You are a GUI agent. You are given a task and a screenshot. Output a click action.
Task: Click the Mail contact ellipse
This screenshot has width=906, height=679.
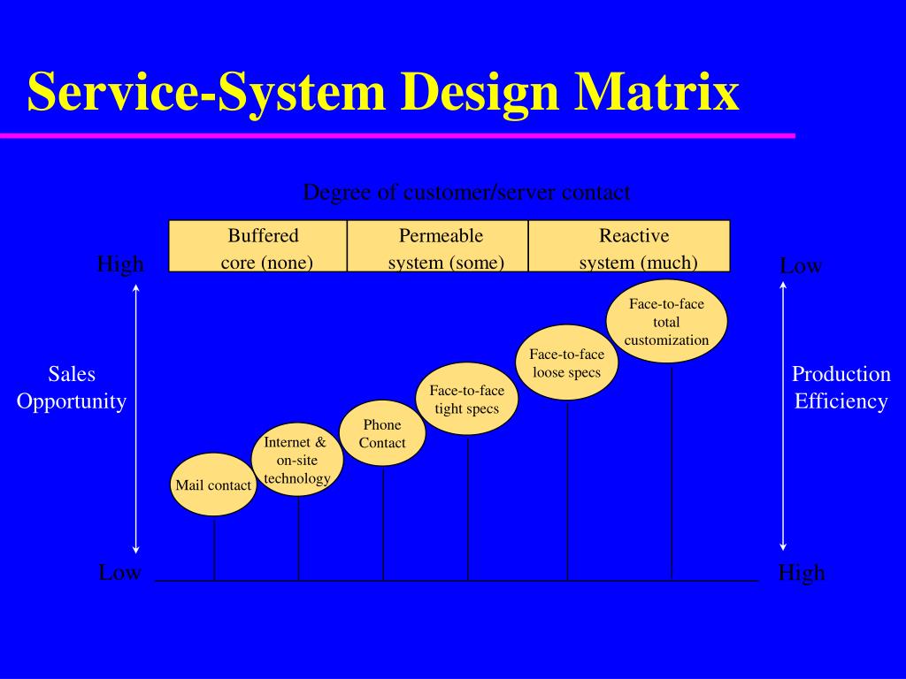(x=213, y=484)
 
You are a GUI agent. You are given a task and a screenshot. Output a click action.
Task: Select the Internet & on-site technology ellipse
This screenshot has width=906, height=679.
(x=297, y=459)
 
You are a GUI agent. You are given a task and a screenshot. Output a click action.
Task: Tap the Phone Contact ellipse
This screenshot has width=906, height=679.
(x=383, y=433)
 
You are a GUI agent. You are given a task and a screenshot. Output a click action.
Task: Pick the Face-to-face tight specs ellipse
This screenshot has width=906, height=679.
(x=467, y=399)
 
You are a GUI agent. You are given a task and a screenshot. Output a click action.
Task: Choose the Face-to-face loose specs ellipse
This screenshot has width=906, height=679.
(x=567, y=363)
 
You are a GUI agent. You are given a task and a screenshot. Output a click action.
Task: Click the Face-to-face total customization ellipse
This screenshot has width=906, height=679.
(x=667, y=321)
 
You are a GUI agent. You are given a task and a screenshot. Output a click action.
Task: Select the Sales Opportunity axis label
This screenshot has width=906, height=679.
(x=72, y=387)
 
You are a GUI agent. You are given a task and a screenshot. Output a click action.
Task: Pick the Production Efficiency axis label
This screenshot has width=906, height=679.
(x=841, y=387)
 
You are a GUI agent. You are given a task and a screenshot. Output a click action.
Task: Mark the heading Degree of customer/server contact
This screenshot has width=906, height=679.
(x=466, y=192)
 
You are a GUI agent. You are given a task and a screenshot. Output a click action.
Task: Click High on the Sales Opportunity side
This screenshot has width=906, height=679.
(x=119, y=263)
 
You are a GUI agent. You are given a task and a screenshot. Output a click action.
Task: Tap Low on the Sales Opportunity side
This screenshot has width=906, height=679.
(x=119, y=572)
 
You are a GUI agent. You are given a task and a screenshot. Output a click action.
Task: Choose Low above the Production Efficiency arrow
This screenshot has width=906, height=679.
(x=801, y=265)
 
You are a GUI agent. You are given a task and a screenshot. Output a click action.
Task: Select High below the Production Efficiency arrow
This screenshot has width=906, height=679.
(x=802, y=572)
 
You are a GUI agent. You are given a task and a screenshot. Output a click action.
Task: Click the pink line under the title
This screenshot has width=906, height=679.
(x=397, y=135)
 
